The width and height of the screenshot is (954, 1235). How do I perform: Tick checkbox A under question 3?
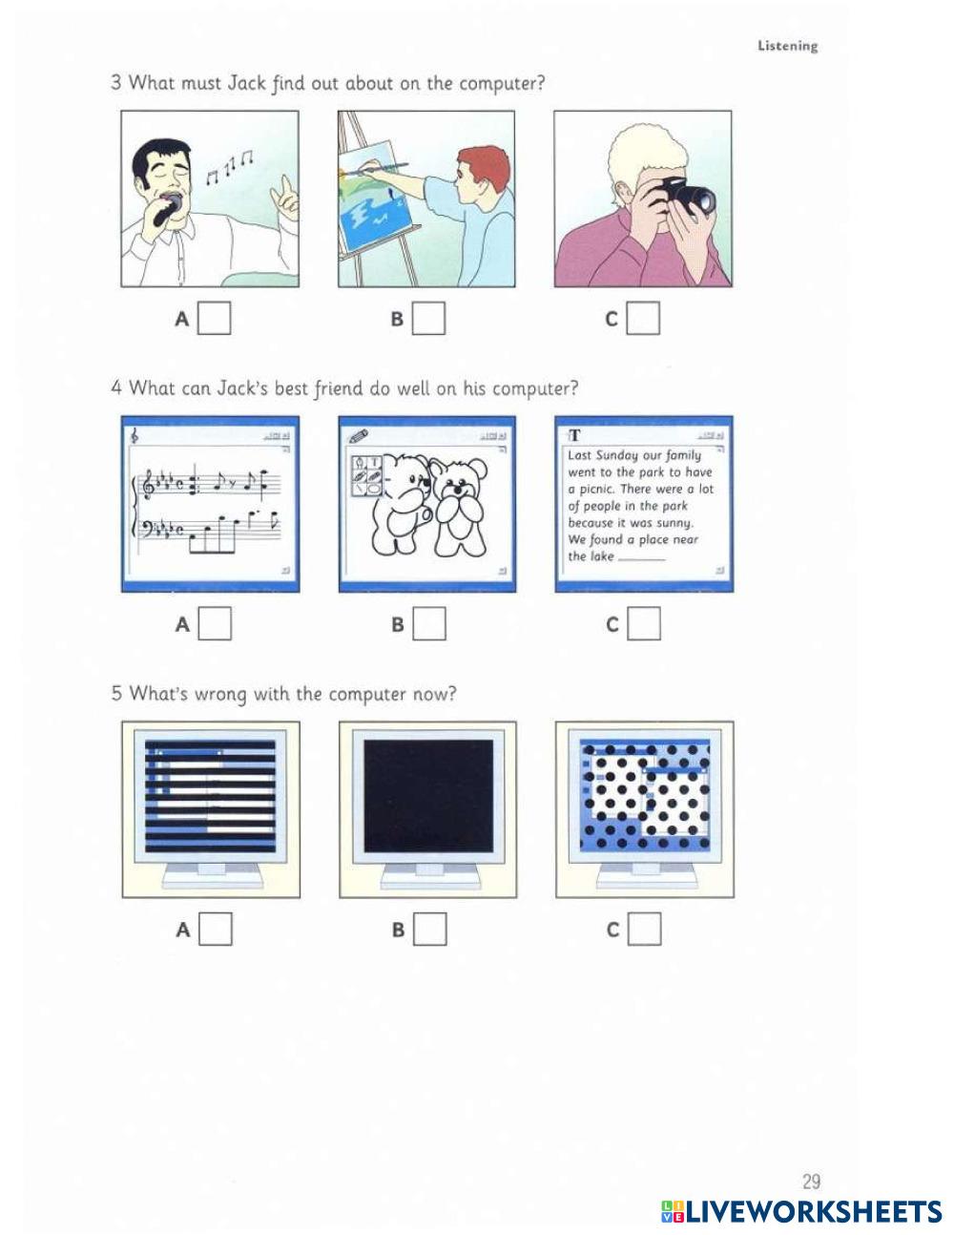(214, 318)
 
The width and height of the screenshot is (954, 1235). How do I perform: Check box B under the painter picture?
(428, 318)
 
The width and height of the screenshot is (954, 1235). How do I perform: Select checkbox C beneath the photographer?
(643, 318)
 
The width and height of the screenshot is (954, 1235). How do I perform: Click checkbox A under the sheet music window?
(215, 623)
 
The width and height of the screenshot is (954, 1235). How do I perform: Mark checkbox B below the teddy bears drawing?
(429, 623)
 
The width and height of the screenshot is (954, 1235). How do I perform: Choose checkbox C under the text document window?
(644, 623)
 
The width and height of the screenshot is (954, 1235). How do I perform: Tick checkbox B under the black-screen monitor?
(430, 929)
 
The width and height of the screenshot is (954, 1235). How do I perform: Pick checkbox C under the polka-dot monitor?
(645, 929)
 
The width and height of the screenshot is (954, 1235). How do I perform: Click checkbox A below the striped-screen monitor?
(216, 929)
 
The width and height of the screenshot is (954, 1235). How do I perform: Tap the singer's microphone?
(168, 207)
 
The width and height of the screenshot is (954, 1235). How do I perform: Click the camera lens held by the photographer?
(703, 200)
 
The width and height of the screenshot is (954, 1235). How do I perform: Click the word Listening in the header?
(788, 46)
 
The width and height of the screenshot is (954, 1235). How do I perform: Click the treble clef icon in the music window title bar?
(135, 435)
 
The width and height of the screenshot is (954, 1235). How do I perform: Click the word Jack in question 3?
(246, 83)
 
